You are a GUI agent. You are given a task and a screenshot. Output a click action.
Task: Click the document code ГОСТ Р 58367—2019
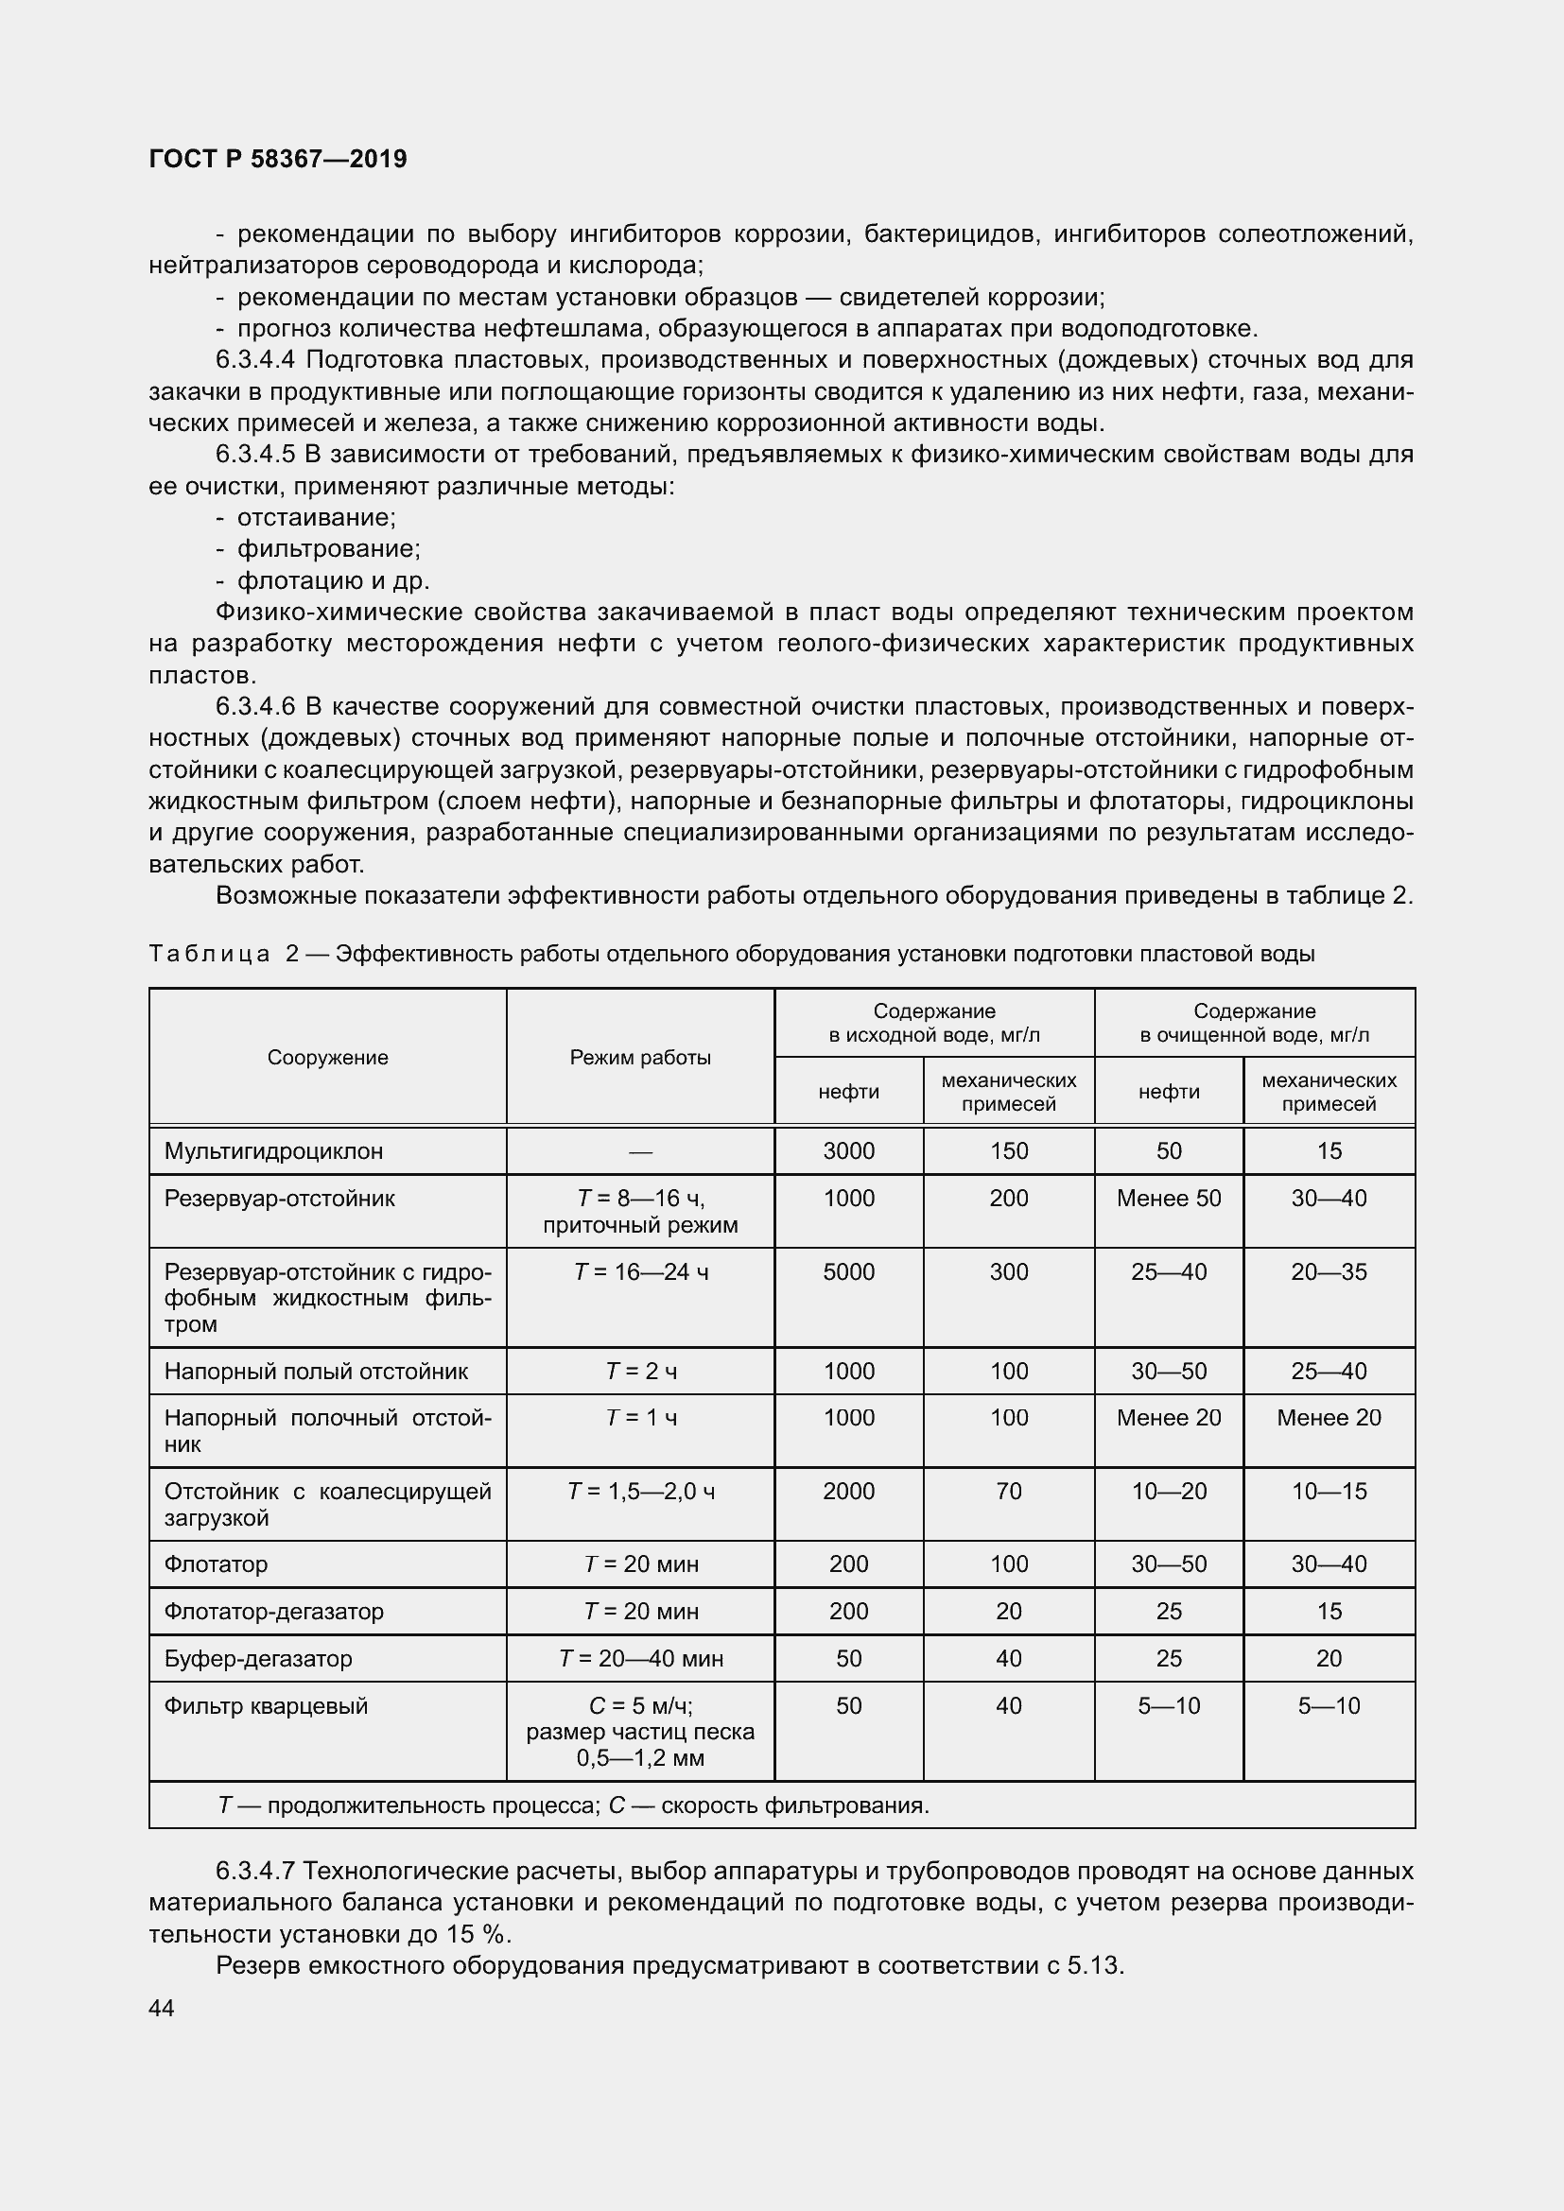pos(278,159)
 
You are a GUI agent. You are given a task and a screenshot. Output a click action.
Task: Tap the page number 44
pos(162,2008)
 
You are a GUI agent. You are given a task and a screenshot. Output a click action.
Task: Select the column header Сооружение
pos(327,1058)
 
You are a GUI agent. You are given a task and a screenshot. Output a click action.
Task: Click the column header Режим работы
pos(640,1058)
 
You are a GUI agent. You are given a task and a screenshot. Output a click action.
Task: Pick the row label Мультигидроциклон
pos(273,1150)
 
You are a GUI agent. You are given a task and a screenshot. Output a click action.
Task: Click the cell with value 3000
pos(848,1150)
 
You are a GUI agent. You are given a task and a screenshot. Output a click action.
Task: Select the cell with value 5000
pos(848,1272)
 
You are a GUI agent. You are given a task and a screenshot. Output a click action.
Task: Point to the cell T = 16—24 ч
pos(640,1272)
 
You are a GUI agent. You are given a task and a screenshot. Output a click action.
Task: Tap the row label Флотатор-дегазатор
pos(273,1611)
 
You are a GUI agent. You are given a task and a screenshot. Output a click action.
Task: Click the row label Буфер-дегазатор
pos(258,1658)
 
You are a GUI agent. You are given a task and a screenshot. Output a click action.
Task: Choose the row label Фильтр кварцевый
pos(266,1705)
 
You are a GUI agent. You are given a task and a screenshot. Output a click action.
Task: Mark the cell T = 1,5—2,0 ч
pos(640,1492)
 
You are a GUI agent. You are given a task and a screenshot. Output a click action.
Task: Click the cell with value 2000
pos(848,1492)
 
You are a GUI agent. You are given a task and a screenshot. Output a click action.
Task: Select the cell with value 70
pos(1008,1492)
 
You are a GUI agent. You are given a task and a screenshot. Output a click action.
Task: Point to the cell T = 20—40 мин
pos(640,1658)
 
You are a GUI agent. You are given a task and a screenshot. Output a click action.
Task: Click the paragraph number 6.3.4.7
pos(254,1871)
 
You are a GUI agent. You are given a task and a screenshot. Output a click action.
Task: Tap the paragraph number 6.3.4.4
pos(254,360)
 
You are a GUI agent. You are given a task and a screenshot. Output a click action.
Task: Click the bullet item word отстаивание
pos(316,518)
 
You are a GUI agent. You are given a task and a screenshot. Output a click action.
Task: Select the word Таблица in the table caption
pos(209,955)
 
